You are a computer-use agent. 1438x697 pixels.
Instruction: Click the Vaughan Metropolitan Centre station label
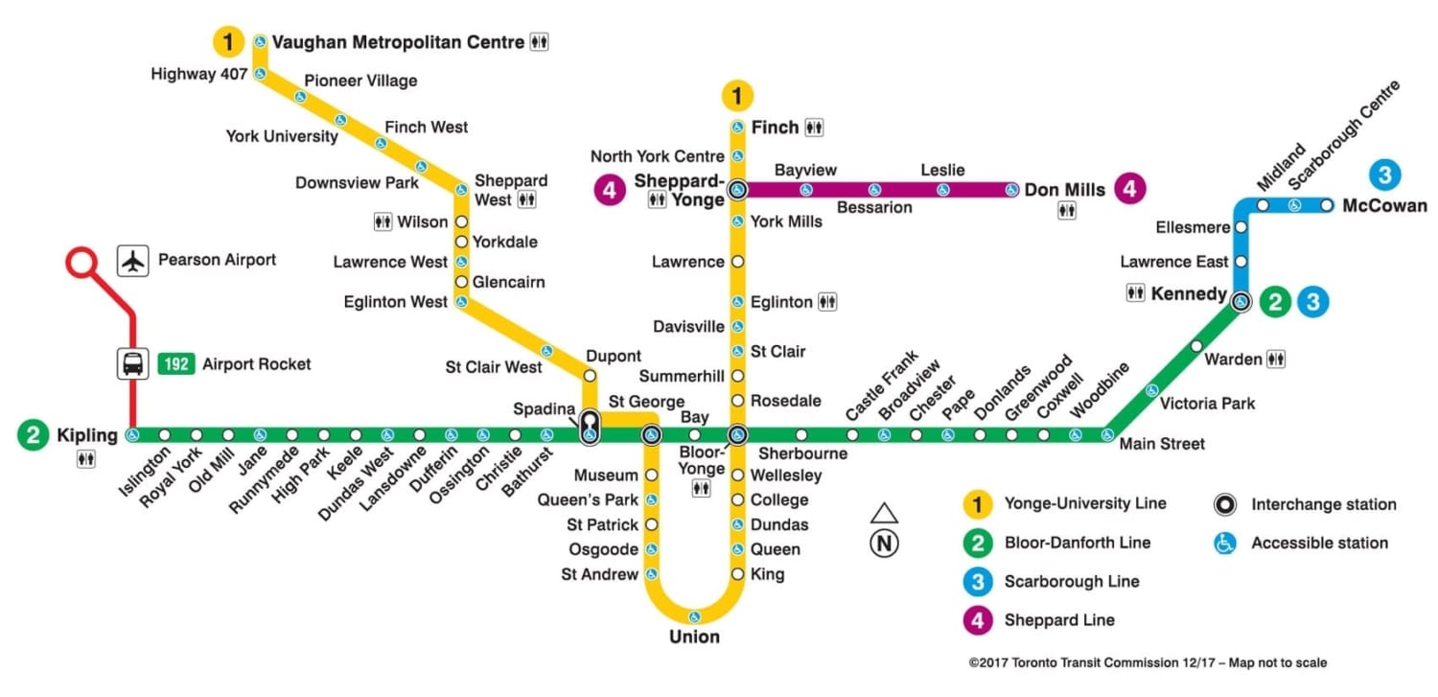[x=398, y=42]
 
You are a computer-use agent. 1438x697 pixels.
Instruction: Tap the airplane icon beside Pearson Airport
[x=133, y=261]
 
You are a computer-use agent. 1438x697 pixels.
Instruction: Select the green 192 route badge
[x=175, y=364]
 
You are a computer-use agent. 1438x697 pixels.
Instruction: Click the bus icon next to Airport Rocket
[x=133, y=364]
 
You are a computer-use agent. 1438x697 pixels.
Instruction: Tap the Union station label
[x=694, y=638]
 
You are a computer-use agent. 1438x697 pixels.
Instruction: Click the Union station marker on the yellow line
[x=694, y=616]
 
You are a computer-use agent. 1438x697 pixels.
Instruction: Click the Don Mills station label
[x=1065, y=190]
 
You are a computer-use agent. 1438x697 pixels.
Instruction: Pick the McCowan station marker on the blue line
[x=1327, y=205]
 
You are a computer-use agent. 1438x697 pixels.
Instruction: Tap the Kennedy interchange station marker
[x=1241, y=301]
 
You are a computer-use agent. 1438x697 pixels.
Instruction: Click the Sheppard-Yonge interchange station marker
[x=737, y=190]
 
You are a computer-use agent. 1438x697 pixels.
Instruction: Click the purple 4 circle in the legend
[x=977, y=620]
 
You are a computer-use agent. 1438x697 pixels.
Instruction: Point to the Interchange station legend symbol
[x=1224, y=504]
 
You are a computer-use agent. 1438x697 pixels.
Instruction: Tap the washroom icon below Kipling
[x=87, y=460]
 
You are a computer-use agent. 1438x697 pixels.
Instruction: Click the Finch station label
[x=775, y=128]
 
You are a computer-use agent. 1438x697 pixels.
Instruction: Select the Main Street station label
[x=1162, y=444]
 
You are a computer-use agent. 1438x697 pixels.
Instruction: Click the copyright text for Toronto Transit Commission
[x=1148, y=662]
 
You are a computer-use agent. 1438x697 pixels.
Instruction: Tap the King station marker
[x=737, y=574]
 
